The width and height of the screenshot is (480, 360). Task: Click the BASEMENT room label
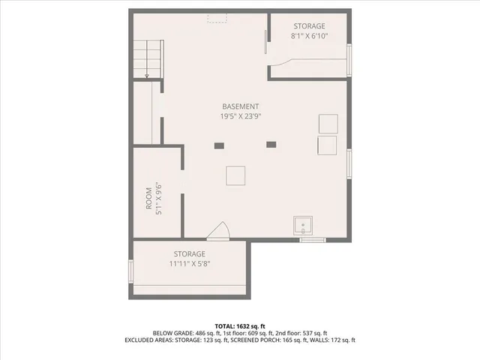[x=240, y=106]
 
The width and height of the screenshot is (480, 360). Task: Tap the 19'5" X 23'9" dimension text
[x=240, y=116]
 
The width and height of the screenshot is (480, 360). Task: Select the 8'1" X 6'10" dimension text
[x=309, y=35]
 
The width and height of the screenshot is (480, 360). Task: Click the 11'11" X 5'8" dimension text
[x=189, y=263]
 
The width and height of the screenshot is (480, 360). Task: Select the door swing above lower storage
[x=219, y=231]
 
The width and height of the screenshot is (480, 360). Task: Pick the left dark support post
[x=219, y=145]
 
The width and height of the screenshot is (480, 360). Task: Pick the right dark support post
[x=271, y=144]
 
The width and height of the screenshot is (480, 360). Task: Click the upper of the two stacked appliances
[x=328, y=123]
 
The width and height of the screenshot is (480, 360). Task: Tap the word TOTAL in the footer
[x=224, y=326]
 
